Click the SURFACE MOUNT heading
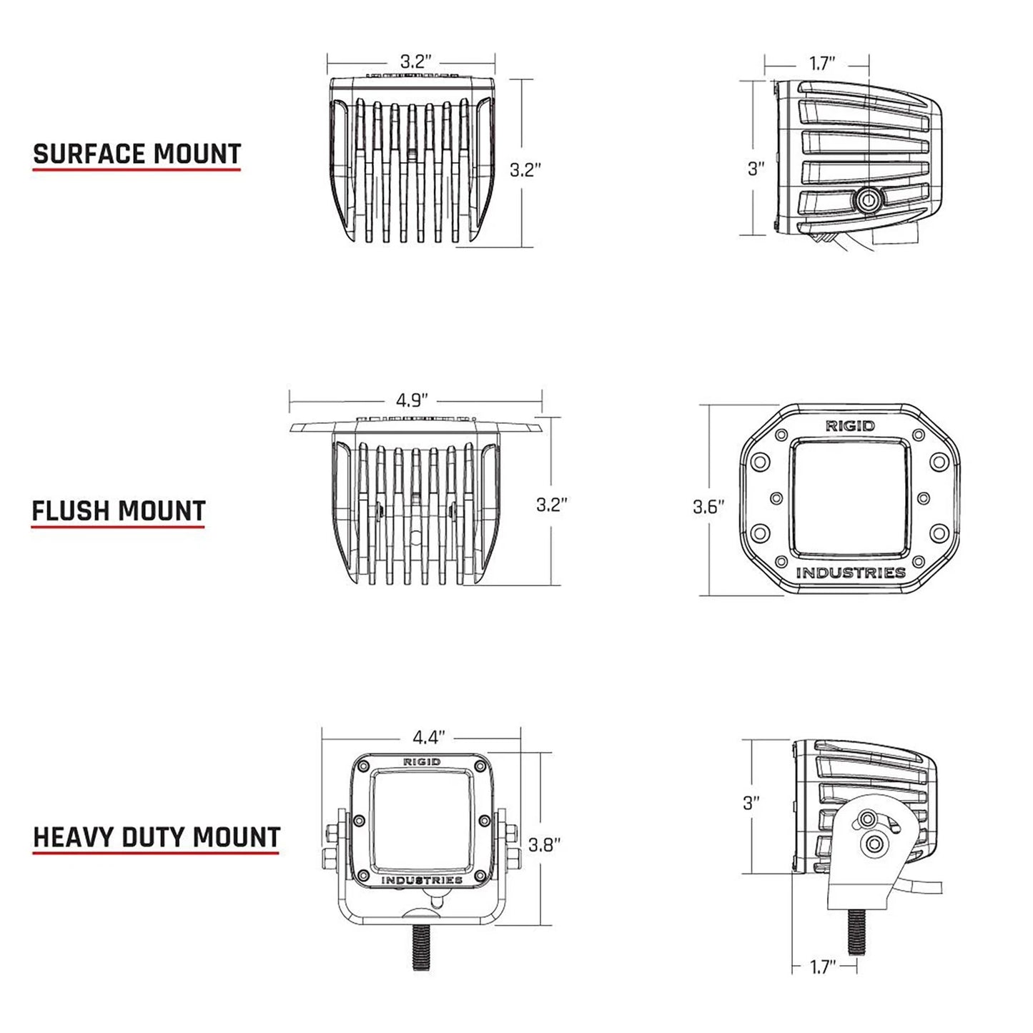[x=137, y=154]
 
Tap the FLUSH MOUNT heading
[x=119, y=511]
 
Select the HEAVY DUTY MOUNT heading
[x=157, y=837]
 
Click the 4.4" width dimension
[x=429, y=736]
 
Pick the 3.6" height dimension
[x=708, y=507]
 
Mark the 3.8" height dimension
[x=544, y=844]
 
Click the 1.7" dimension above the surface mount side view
[x=822, y=63]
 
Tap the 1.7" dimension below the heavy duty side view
[x=822, y=967]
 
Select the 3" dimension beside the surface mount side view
[x=756, y=169]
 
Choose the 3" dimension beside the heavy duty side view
[x=751, y=803]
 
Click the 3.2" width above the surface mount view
[x=415, y=61]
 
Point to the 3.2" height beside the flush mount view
[x=551, y=505]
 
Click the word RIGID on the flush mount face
[x=850, y=426]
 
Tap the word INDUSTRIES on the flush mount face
[x=850, y=573]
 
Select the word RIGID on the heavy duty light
[x=422, y=762]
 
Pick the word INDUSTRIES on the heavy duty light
[x=421, y=880]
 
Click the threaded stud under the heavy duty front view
[x=421, y=946]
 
